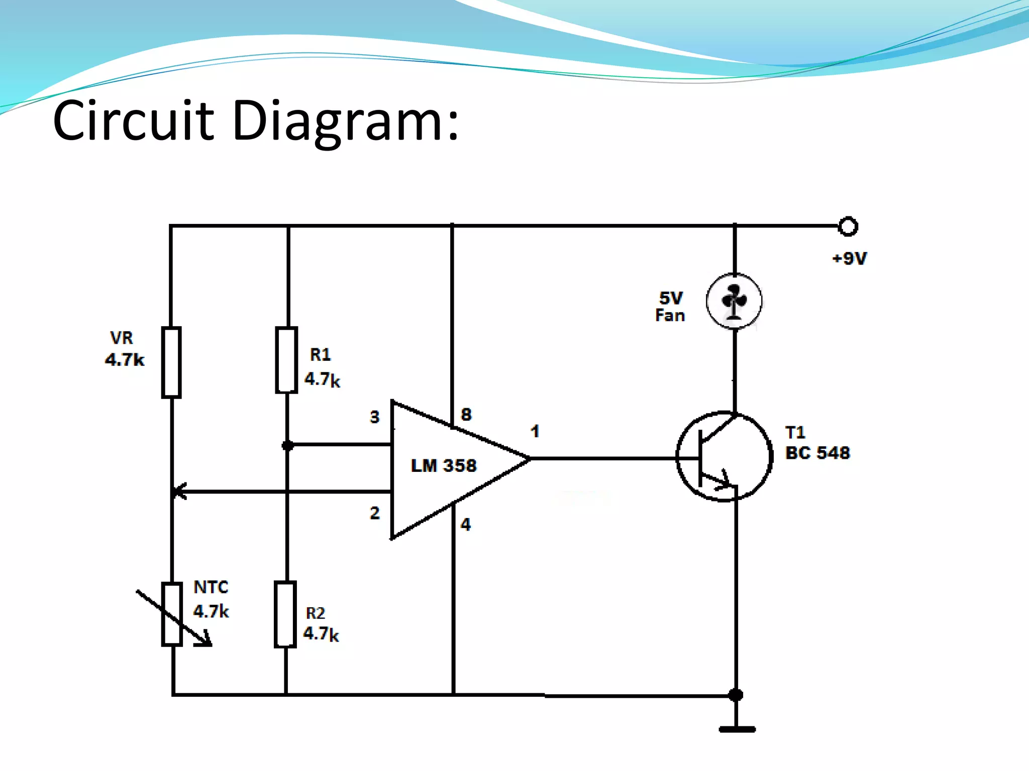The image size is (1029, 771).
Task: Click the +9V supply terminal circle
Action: (848, 226)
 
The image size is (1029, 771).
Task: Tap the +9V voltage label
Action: (849, 259)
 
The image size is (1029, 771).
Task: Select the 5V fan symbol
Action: (734, 301)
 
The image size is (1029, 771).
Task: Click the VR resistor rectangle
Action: (171, 362)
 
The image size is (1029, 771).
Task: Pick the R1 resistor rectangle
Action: (286, 360)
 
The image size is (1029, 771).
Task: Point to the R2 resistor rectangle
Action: (285, 614)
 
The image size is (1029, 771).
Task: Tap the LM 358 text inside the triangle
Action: (443, 466)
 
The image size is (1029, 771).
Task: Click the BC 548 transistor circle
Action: (724, 456)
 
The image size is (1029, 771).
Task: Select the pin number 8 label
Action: (466, 415)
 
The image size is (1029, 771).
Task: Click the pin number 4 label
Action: (466, 525)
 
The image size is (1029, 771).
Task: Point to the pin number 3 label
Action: (375, 417)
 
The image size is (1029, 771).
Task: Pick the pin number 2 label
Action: (375, 513)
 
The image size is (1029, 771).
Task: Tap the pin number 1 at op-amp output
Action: (535, 431)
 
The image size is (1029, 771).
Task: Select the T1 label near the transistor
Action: (795, 432)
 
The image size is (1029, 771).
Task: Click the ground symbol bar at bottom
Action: (737, 729)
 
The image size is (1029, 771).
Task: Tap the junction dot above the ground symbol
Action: (736, 695)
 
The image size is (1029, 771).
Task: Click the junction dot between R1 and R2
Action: (287, 445)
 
